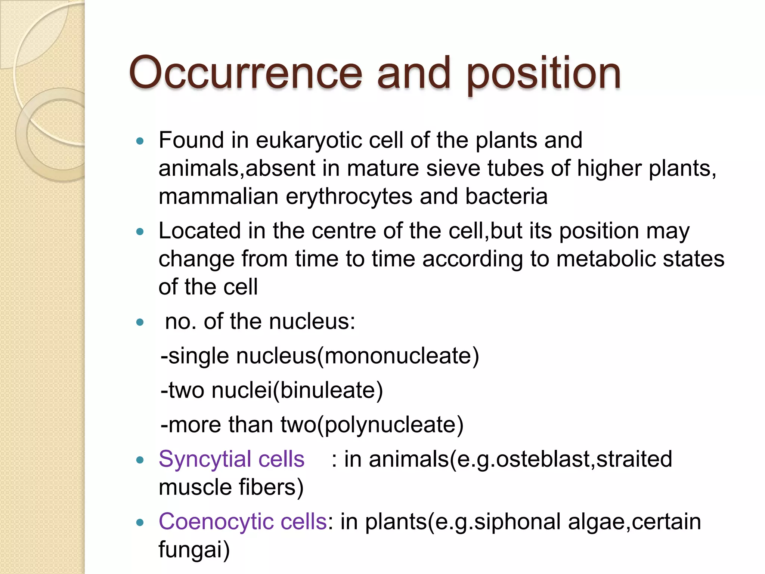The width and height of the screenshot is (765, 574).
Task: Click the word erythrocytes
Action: (x=349, y=197)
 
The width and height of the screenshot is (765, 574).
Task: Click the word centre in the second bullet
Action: (x=344, y=231)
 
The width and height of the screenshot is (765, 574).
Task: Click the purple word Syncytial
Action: (x=205, y=460)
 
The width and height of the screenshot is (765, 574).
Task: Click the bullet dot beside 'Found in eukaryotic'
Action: (x=140, y=141)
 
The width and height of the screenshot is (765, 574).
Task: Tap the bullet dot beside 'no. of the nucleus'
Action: (x=140, y=322)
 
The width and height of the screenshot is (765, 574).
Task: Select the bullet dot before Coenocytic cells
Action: (x=140, y=522)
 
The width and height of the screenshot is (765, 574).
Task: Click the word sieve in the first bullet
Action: (x=453, y=169)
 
